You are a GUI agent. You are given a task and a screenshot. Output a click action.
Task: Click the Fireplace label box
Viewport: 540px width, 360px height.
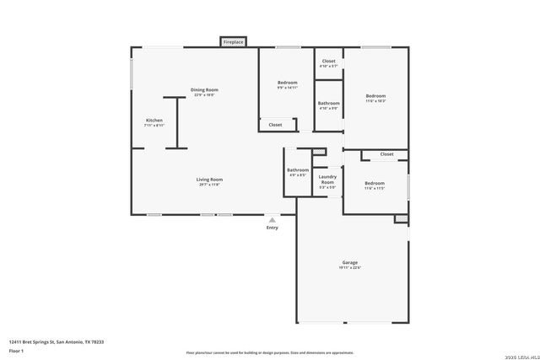pos(234,41)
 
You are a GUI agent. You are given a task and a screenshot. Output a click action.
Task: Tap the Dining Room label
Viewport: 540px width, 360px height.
pos(203,89)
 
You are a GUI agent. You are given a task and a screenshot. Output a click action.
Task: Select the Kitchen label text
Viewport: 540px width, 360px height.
pos(154,121)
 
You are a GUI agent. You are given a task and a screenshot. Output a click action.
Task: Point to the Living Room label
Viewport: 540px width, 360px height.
pos(209,179)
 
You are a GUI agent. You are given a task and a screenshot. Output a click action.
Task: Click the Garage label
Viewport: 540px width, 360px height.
pos(350,262)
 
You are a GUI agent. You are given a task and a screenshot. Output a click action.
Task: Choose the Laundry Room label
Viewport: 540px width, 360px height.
pos(327,180)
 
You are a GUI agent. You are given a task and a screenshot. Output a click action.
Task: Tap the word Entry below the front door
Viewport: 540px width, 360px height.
pos(272,228)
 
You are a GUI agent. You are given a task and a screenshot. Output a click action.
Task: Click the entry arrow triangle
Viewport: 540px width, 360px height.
pos(272,219)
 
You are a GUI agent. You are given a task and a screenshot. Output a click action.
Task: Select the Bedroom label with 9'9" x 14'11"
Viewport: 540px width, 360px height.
pos(288,82)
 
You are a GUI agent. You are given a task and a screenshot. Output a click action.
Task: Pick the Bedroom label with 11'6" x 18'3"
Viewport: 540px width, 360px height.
pos(375,96)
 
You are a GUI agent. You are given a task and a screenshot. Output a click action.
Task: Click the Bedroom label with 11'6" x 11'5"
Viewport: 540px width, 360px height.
pos(375,183)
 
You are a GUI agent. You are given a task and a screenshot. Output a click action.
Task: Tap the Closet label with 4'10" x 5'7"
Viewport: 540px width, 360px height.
pos(328,61)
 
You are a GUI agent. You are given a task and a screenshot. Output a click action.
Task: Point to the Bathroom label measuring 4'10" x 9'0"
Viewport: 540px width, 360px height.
pos(328,103)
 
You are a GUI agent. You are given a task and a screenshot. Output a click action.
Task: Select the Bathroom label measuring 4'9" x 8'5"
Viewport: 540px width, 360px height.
pos(298,170)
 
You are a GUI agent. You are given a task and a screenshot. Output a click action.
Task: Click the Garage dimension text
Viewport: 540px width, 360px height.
pos(350,268)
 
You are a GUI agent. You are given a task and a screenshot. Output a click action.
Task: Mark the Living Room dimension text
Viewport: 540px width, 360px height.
pos(209,185)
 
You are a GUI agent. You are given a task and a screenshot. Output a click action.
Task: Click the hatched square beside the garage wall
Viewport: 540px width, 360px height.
pos(401,218)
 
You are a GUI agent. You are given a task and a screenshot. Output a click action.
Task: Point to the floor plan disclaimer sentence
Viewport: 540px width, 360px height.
pos(270,352)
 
